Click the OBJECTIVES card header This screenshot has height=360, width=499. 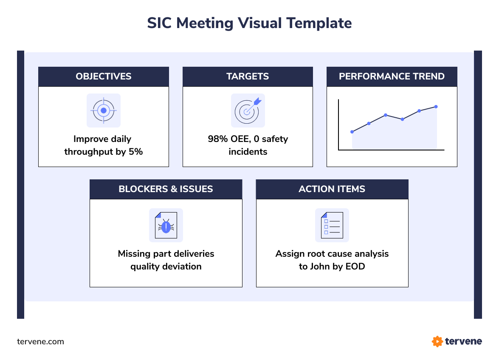104,77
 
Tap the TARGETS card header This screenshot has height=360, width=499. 248,77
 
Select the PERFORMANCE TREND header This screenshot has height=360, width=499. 392,77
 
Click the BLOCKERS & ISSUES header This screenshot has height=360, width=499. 166,189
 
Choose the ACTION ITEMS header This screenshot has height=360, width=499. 332,189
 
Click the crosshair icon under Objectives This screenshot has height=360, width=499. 104,111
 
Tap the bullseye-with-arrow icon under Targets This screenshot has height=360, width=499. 248,111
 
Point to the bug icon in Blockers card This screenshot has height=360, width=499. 166,225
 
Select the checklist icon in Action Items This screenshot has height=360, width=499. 332,225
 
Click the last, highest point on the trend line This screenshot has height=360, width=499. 436,107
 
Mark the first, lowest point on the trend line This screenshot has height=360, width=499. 352,132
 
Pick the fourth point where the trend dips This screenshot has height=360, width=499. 402,119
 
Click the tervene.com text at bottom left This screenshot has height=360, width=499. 40,342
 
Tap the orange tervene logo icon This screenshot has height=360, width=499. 437,341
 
